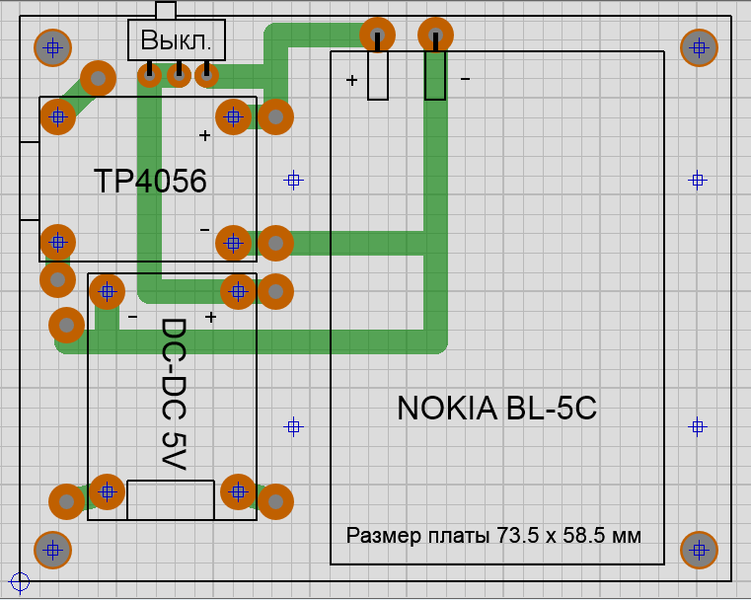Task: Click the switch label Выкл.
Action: [177, 41]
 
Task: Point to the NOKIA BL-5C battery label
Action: [496, 409]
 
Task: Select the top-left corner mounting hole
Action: [52, 46]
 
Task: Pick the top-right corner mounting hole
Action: [699, 46]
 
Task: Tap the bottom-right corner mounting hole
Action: [699, 549]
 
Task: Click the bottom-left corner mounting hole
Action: [52, 549]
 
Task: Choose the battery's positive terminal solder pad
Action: [377, 37]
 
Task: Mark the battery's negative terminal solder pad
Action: [435, 37]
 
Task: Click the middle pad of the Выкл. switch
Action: [179, 74]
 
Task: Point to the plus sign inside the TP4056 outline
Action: [205, 135]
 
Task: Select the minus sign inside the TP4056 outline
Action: [205, 229]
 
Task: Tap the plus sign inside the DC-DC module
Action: [210, 317]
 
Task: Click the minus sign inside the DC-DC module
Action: [132, 317]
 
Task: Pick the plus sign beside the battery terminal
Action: [351, 80]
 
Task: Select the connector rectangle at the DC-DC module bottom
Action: [171, 500]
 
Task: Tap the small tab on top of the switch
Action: [166, 10]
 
